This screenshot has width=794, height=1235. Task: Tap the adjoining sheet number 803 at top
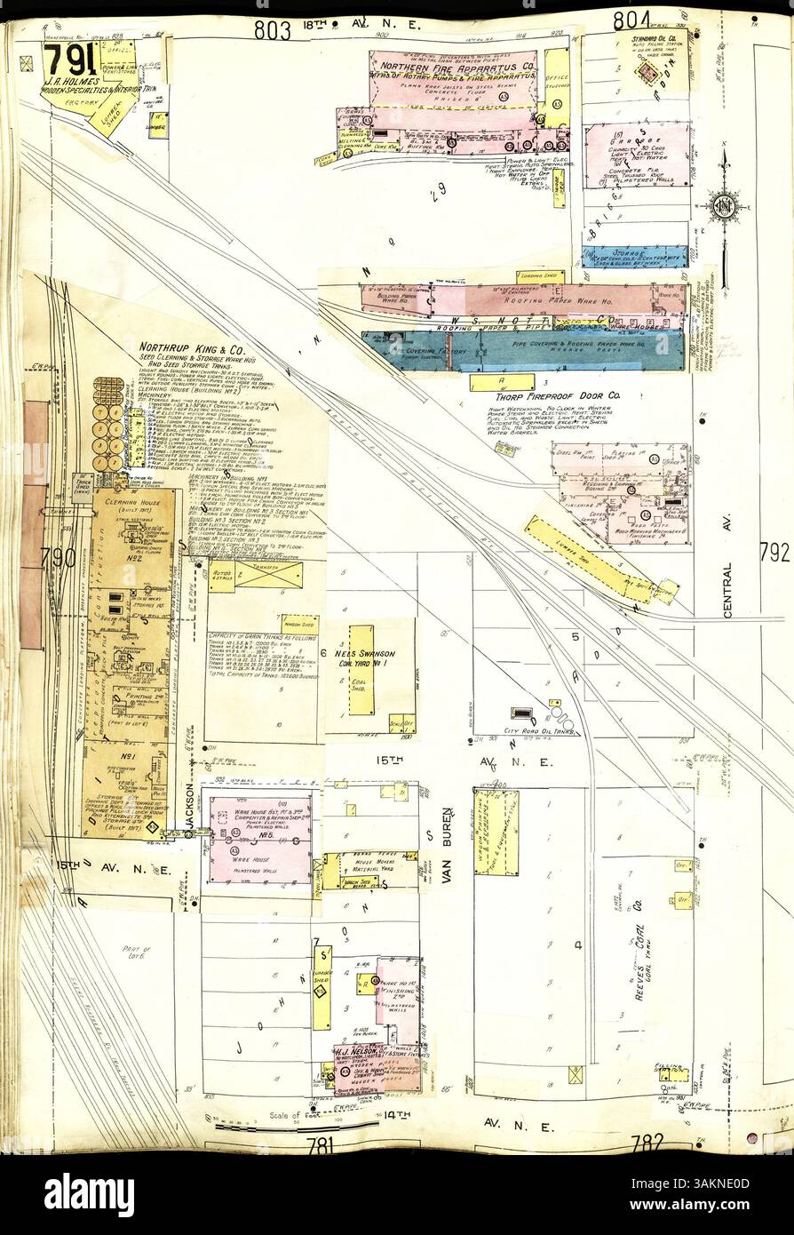coord(273,29)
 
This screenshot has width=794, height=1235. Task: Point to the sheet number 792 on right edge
coord(774,553)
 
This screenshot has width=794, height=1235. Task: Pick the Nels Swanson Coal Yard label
coord(363,658)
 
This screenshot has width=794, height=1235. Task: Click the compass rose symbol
coord(724,206)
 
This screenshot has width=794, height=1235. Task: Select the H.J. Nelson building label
coord(349,1053)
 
